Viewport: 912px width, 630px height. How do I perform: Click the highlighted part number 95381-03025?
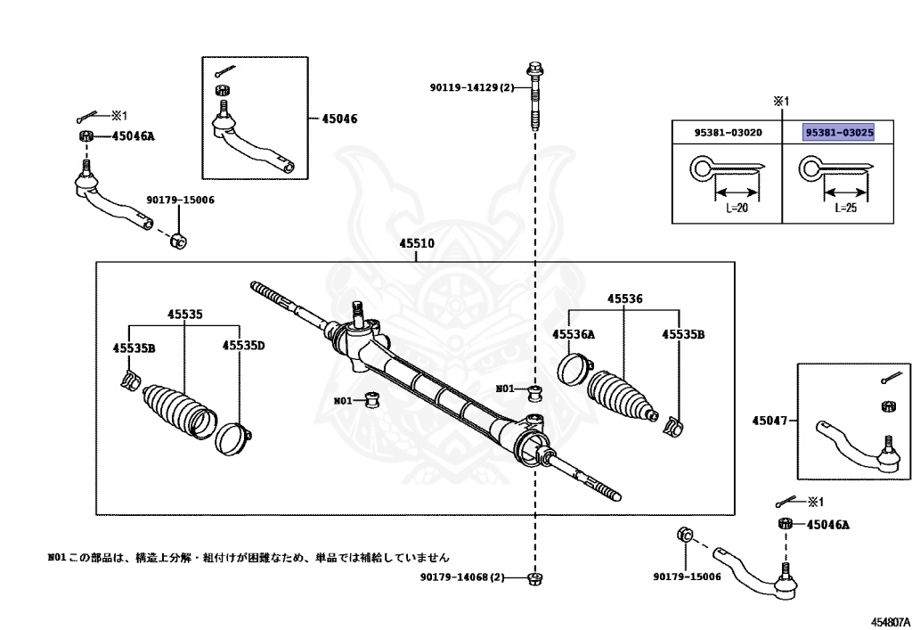839,133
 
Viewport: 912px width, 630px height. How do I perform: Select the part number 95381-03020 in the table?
728,133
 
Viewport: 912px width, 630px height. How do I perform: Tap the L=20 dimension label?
737,208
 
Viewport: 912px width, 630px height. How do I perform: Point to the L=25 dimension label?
846,208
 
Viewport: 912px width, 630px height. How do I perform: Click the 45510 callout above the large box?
417,243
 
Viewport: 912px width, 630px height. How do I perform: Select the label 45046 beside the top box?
339,119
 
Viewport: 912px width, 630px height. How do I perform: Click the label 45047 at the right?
769,420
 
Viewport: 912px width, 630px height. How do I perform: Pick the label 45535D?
244,346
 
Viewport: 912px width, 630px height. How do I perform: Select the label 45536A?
574,334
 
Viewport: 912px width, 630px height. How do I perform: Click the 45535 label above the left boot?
185,315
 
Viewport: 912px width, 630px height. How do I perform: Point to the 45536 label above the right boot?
624,299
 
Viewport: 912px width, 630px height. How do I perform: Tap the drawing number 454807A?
890,621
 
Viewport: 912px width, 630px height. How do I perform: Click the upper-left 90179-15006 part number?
180,200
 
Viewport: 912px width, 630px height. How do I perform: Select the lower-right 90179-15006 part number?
687,577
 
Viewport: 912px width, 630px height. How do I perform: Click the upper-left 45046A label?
134,136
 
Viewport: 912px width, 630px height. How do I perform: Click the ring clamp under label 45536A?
575,369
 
